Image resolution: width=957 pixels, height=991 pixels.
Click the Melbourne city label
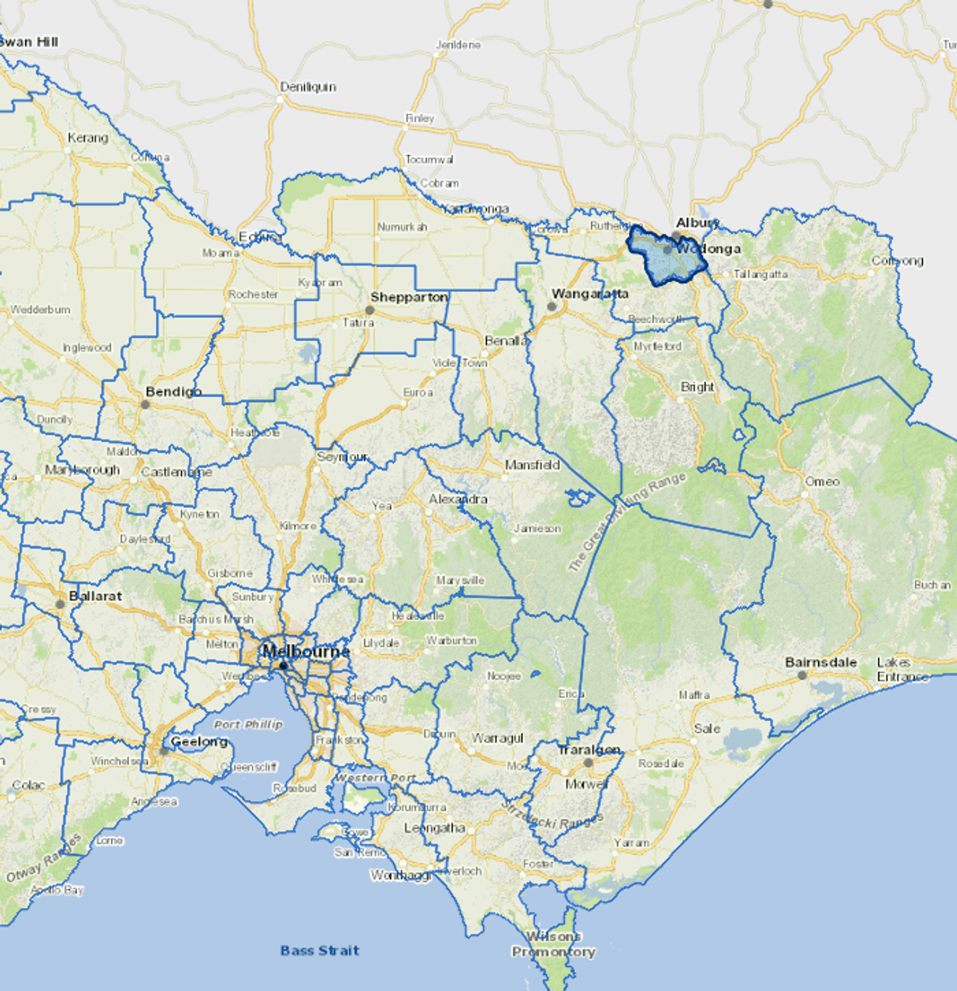coord(306,651)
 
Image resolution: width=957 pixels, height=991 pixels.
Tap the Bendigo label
coord(173,391)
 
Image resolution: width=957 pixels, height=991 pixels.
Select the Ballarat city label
coord(96,596)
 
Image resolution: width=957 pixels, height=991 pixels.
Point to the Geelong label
coord(199,741)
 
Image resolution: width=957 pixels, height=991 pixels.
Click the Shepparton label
coord(409,297)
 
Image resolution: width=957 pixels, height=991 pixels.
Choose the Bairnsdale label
coord(821,662)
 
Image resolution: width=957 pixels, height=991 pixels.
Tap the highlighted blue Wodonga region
coord(665,263)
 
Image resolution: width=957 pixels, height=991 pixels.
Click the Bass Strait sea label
coord(320,950)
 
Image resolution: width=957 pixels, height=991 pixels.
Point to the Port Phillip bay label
coord(249,724)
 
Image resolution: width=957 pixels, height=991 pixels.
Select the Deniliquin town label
coord(308,87)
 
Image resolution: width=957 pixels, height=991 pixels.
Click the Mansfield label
coord(532,465)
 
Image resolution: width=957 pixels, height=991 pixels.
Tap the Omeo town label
coord(822,481)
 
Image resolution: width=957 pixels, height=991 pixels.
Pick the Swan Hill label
coord(29,42)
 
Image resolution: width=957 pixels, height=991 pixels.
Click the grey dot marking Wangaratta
coord(552,306)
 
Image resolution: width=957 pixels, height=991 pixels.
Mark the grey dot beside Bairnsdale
coord(802,675)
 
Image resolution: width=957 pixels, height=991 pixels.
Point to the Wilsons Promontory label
coord(554,944)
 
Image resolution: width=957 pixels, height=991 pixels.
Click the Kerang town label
coord(88,138)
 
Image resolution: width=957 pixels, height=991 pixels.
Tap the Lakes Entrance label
coord(902,669)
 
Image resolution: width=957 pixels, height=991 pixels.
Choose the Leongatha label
coord(435,828)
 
